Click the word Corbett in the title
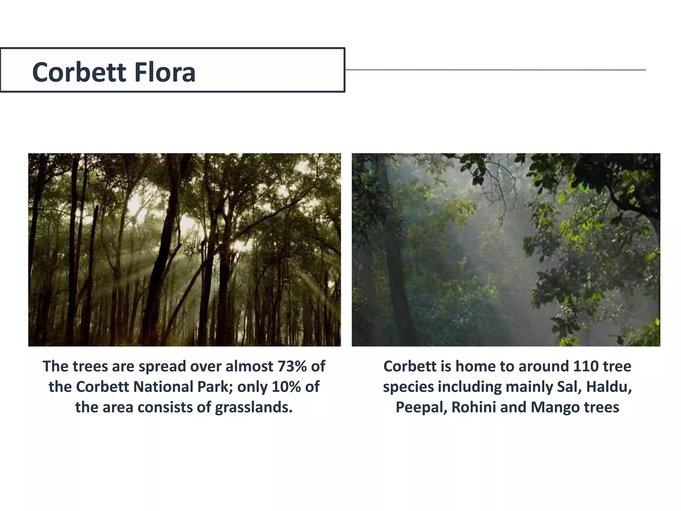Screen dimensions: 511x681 point(79,72)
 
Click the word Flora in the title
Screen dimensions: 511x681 point(165,72)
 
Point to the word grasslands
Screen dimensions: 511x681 point(253,407)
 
